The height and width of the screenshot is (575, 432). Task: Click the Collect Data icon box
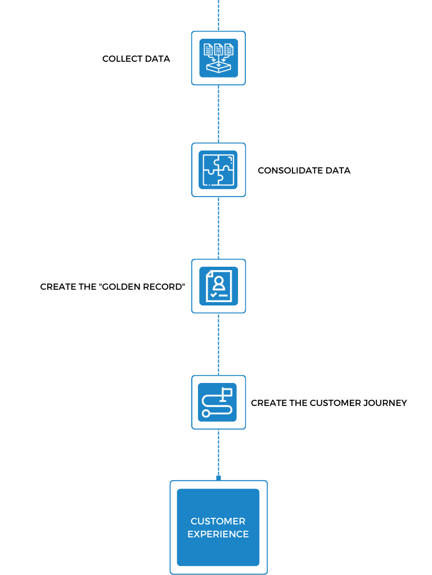coord(219,58)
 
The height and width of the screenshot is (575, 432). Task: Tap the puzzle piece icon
coord(218,170)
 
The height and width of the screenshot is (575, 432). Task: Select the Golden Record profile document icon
coord(219,286)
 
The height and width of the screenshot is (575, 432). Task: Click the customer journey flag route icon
coord(218,402)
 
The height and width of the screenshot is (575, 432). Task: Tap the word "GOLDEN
coord(119,287)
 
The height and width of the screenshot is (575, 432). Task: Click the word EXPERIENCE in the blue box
coord(218,534)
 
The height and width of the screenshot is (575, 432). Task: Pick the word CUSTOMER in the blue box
coord(218,521)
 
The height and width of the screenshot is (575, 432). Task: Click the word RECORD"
coord(164,287)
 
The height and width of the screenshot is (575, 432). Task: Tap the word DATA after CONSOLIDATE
coord(338,171)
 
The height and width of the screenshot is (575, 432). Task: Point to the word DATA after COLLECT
coord(157,58)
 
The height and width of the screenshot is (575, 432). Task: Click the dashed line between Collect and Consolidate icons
coord(219,114)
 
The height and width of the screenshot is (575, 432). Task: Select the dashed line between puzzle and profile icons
coord(219,228)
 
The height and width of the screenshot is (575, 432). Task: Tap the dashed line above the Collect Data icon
coord(219,15)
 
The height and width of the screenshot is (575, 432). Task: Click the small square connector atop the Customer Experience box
coord(219,478)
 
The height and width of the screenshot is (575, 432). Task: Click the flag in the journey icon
coord(227,393)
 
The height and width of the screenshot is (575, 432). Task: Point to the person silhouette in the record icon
coord(219,283)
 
